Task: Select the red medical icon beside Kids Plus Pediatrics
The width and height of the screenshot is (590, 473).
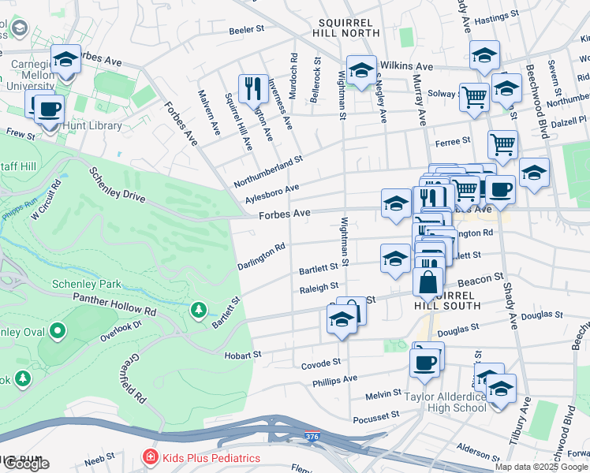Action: (x=149, y=457)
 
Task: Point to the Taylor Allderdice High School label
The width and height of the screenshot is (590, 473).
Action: (x=457, y=402)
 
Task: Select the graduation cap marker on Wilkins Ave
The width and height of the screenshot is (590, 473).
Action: (x=361, y=70)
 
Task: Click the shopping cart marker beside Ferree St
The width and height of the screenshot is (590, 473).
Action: (x=502, y=144)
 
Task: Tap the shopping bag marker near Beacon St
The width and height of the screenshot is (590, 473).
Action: (x=428, y=281)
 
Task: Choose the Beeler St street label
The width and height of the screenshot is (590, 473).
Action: (x=246, y=29)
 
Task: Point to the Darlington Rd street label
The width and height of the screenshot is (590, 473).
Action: (x=261, y=257)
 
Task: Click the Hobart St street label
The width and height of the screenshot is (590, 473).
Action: (x=243, y=354)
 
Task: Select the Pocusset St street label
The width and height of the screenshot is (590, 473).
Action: (x=376, y=417)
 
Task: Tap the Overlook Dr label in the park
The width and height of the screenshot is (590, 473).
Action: (x=120, y=330)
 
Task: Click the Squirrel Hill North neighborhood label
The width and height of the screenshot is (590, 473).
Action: (x=349, y=26)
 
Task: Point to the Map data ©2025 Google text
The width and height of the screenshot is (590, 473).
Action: (x=540, y=467)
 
